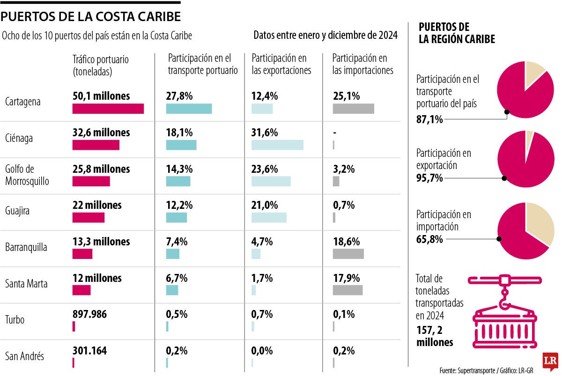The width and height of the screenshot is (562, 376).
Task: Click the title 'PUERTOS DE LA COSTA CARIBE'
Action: click(x=90, y=17)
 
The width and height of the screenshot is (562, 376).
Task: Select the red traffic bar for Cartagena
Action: click(x=108, y=109)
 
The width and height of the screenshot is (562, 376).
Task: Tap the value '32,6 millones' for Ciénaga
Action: click(x=101, y=133)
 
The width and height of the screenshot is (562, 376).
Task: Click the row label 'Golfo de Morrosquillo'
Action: click(x=27, y=175)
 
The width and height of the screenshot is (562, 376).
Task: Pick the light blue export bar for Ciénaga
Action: click(x=277, y=145)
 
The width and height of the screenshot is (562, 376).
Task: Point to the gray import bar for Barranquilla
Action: click(x=348, y=254)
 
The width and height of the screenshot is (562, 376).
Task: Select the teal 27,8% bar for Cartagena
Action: click(x=189, y=109)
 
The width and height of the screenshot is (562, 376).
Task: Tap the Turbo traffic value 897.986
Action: click(x=89, y=314)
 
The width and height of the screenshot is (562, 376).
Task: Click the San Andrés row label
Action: click(x=24, y=356)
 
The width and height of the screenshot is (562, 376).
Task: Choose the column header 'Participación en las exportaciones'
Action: click(x=281, y=64)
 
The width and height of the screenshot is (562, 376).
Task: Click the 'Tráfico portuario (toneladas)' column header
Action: click(x=100, y=66)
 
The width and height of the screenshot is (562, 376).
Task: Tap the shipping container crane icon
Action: click(x=504, y=311)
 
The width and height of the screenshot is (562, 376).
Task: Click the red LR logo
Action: click(x=549, y=359)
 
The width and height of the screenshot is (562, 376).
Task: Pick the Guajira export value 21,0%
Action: click(x=265, y=205)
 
